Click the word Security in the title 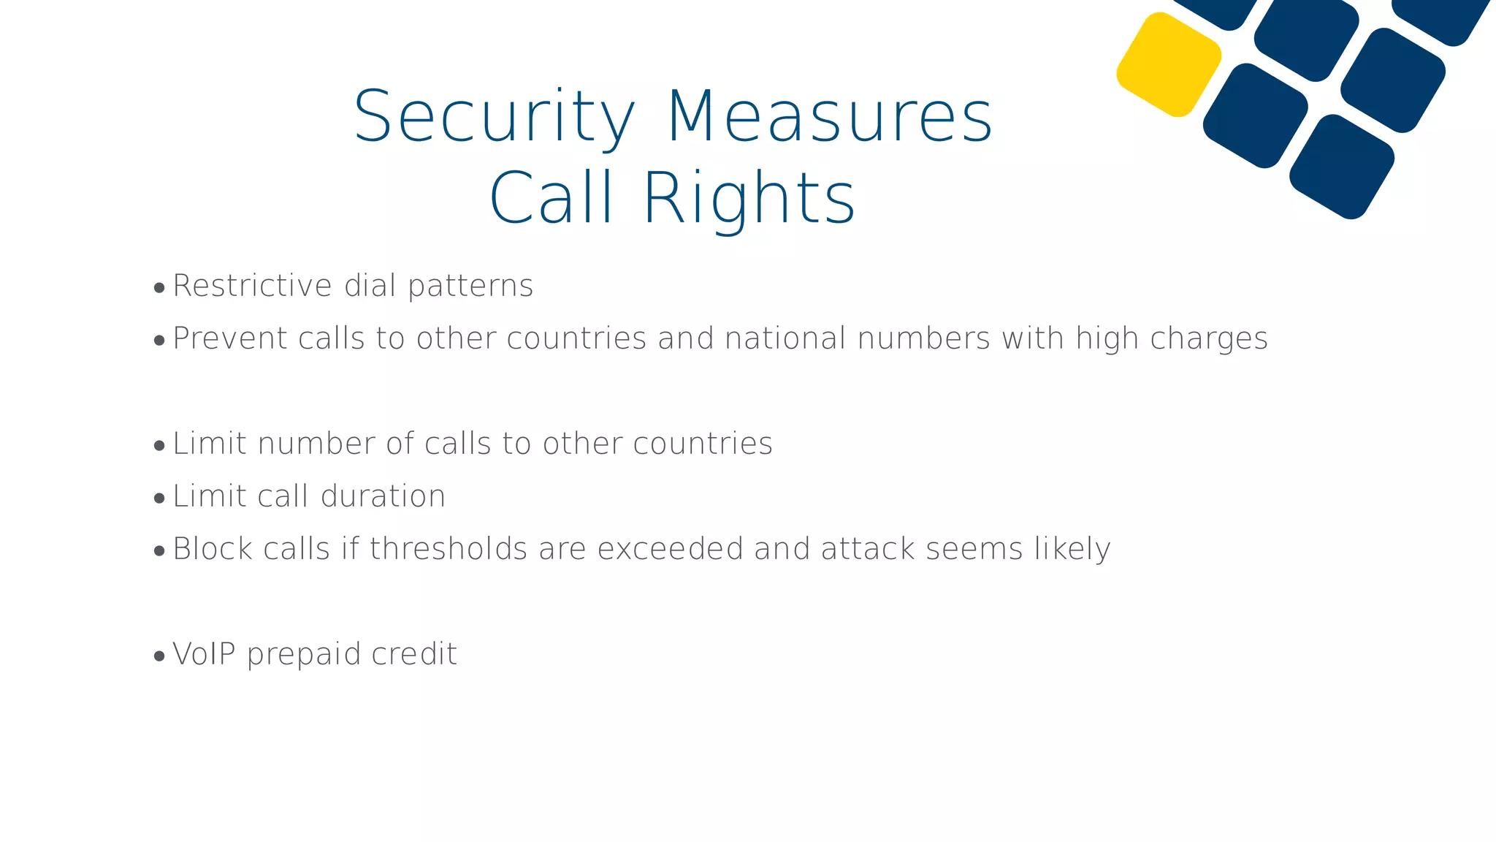click(495, 117)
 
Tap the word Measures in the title click(830, 117)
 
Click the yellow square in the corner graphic click(1169, 64)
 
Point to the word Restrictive click(253, 286)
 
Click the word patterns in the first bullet click(470, 287)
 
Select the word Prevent click(230, 338)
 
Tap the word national click(785, 338)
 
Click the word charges click(1209, 339)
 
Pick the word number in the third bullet click(316, 444)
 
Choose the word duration click(383, 496)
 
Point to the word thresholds click(449, 549)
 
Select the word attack click(868, 549)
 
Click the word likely click(1072, 550)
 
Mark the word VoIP click(204, 654)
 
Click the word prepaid click(304, 655)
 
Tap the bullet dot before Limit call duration click(159, 499)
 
